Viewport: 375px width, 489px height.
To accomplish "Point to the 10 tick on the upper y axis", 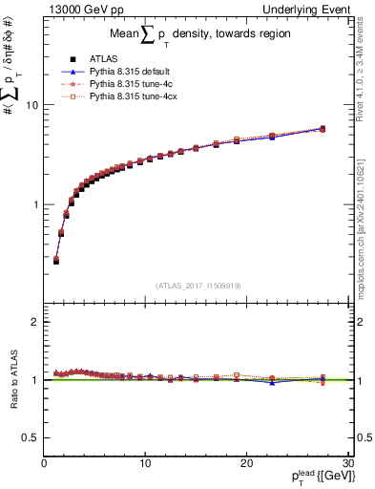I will click(32, 105).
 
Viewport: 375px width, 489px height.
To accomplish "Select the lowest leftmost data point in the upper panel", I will click(56, 260).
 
